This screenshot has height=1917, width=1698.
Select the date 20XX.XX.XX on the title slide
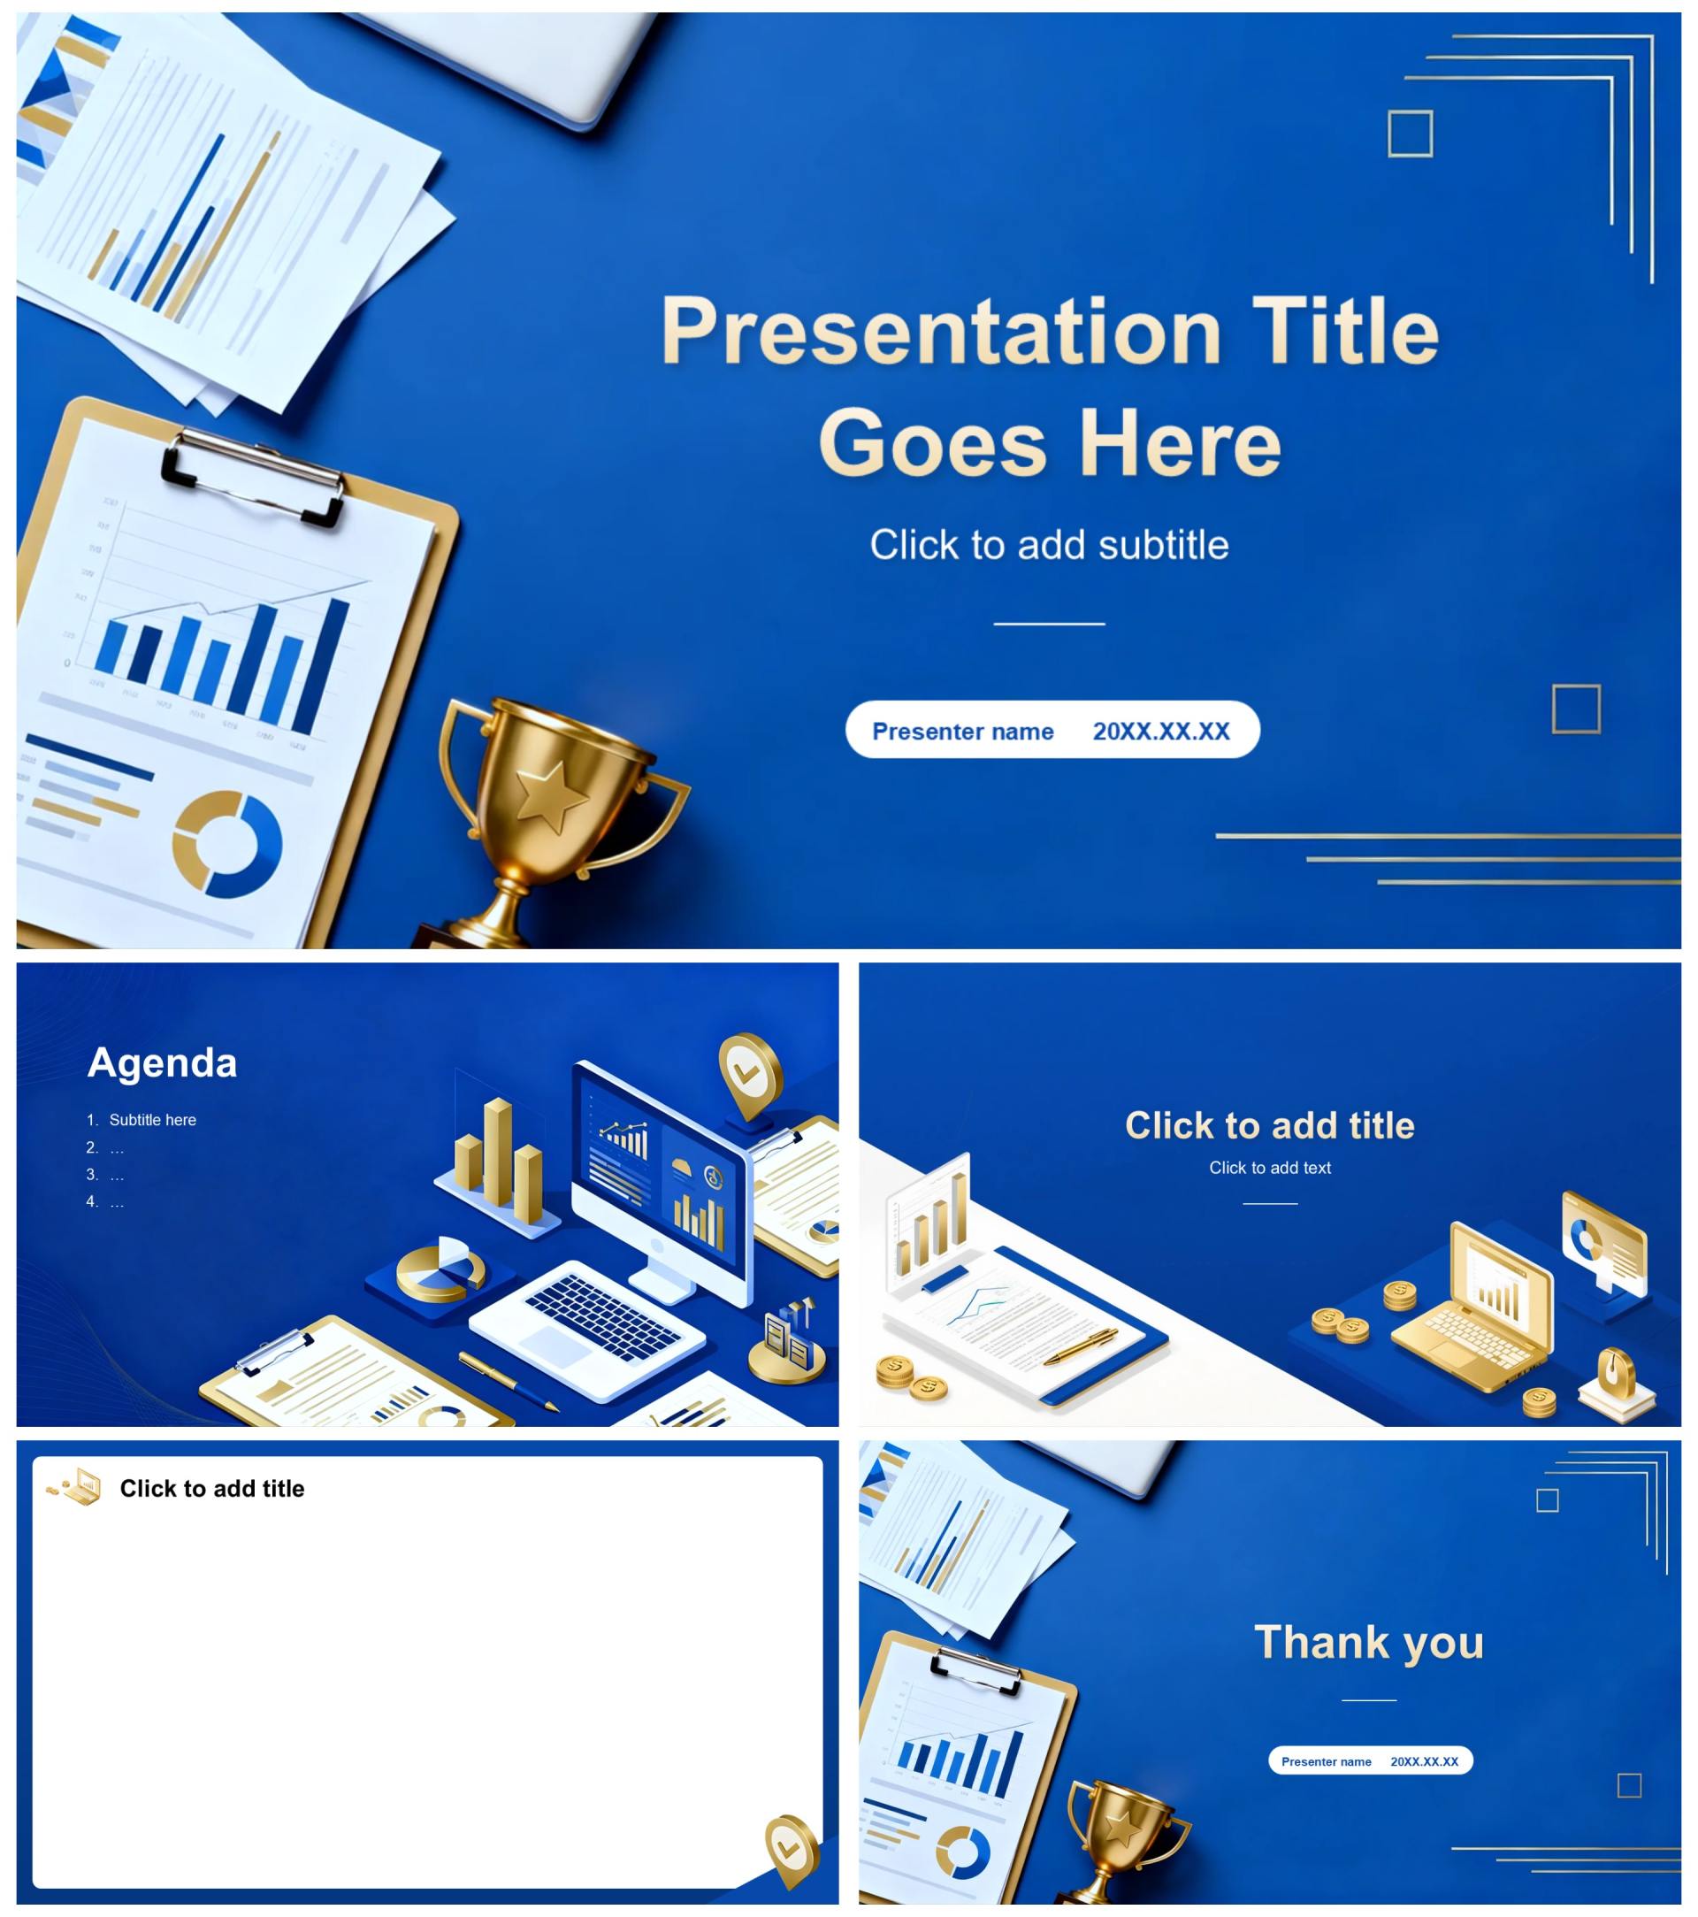(x=1161, y=732)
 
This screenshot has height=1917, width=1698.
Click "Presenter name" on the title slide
(x=963, y=732)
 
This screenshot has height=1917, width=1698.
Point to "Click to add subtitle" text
(x=1049, y=545)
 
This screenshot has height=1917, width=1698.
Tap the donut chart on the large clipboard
(x=227, y=844)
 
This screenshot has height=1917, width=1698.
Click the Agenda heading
(x=162, y=1062)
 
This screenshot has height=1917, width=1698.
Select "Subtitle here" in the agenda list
(x=153, y=1120)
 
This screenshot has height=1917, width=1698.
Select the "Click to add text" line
(x=1269, y=1168)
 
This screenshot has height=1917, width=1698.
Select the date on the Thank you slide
(x=1424, y=1761)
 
